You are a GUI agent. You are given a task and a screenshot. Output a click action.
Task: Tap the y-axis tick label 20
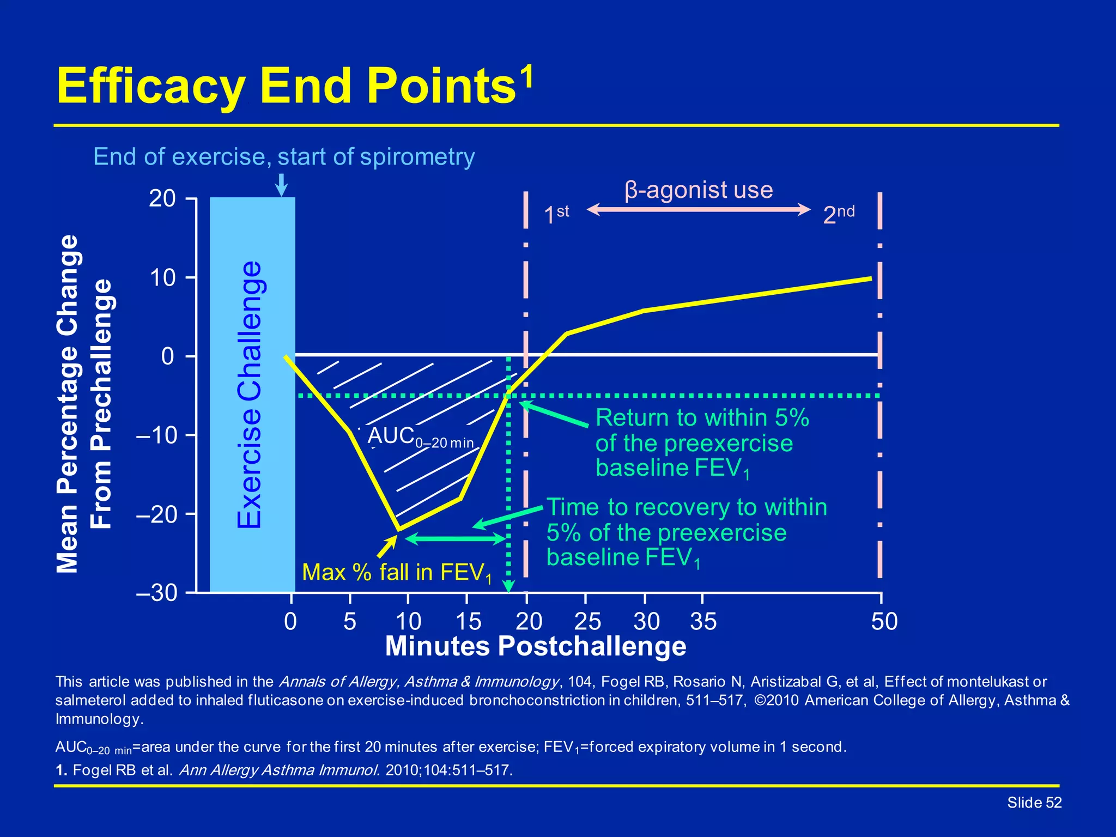(x=162, y=199)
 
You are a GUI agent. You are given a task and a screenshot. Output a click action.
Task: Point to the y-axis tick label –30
(x=157, y=593)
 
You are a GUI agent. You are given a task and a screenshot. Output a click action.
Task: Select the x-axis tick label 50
(x=884, y=622)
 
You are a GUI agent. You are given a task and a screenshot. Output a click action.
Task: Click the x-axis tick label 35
(x=703, y=622)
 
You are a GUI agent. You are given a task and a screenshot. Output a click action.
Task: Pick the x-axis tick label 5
(x=350, y=622)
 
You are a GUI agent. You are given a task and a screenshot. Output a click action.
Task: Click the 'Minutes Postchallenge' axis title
(x=535, y=647)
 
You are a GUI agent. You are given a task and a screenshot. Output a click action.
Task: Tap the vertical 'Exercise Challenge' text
(x=250, y=395)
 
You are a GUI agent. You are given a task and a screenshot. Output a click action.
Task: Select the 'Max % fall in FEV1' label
(x=397, y=573)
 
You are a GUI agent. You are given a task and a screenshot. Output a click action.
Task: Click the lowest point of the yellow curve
(x=399, y=529)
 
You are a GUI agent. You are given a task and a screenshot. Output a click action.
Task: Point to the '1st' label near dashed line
(x=556, y=214)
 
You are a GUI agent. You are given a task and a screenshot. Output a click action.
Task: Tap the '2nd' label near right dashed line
(x=839, y=214)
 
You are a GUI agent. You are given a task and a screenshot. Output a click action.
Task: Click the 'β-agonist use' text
(x=699, y=190)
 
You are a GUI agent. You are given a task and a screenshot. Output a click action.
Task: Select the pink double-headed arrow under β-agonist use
(x=699, y=210)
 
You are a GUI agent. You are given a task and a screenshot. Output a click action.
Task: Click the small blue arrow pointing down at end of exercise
(x=281, y=185)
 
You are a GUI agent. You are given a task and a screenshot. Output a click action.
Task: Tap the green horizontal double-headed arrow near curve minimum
(x=457, y=539)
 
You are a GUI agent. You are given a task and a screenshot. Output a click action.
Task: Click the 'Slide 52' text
(x=1034, y=803)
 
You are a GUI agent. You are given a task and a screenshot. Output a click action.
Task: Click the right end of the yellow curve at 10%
(x=870, y=278)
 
